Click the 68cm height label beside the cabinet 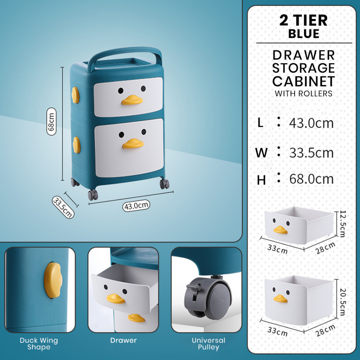coord(51,121)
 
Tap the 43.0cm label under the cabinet coord(136,205)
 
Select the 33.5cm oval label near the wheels coord(63,207)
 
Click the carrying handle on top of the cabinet coord(125,56)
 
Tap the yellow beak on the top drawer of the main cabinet coord(132,100)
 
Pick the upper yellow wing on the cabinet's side coord(75,95)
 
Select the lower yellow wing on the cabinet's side coord(76,145)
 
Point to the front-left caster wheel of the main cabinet coord(93,195)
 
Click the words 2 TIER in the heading coord(303,20)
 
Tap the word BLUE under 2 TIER coord(304,34)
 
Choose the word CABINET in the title coord(303,81)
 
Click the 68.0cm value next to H coord(311,179)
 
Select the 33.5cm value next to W coord(311,153)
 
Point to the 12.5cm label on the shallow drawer coord(342,224)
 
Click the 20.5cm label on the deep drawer coord(342,302)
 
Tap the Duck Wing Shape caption coord(39,344)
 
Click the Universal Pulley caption coord(208,344)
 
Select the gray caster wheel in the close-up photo coord(208,298)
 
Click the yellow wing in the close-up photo coord(53,280)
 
